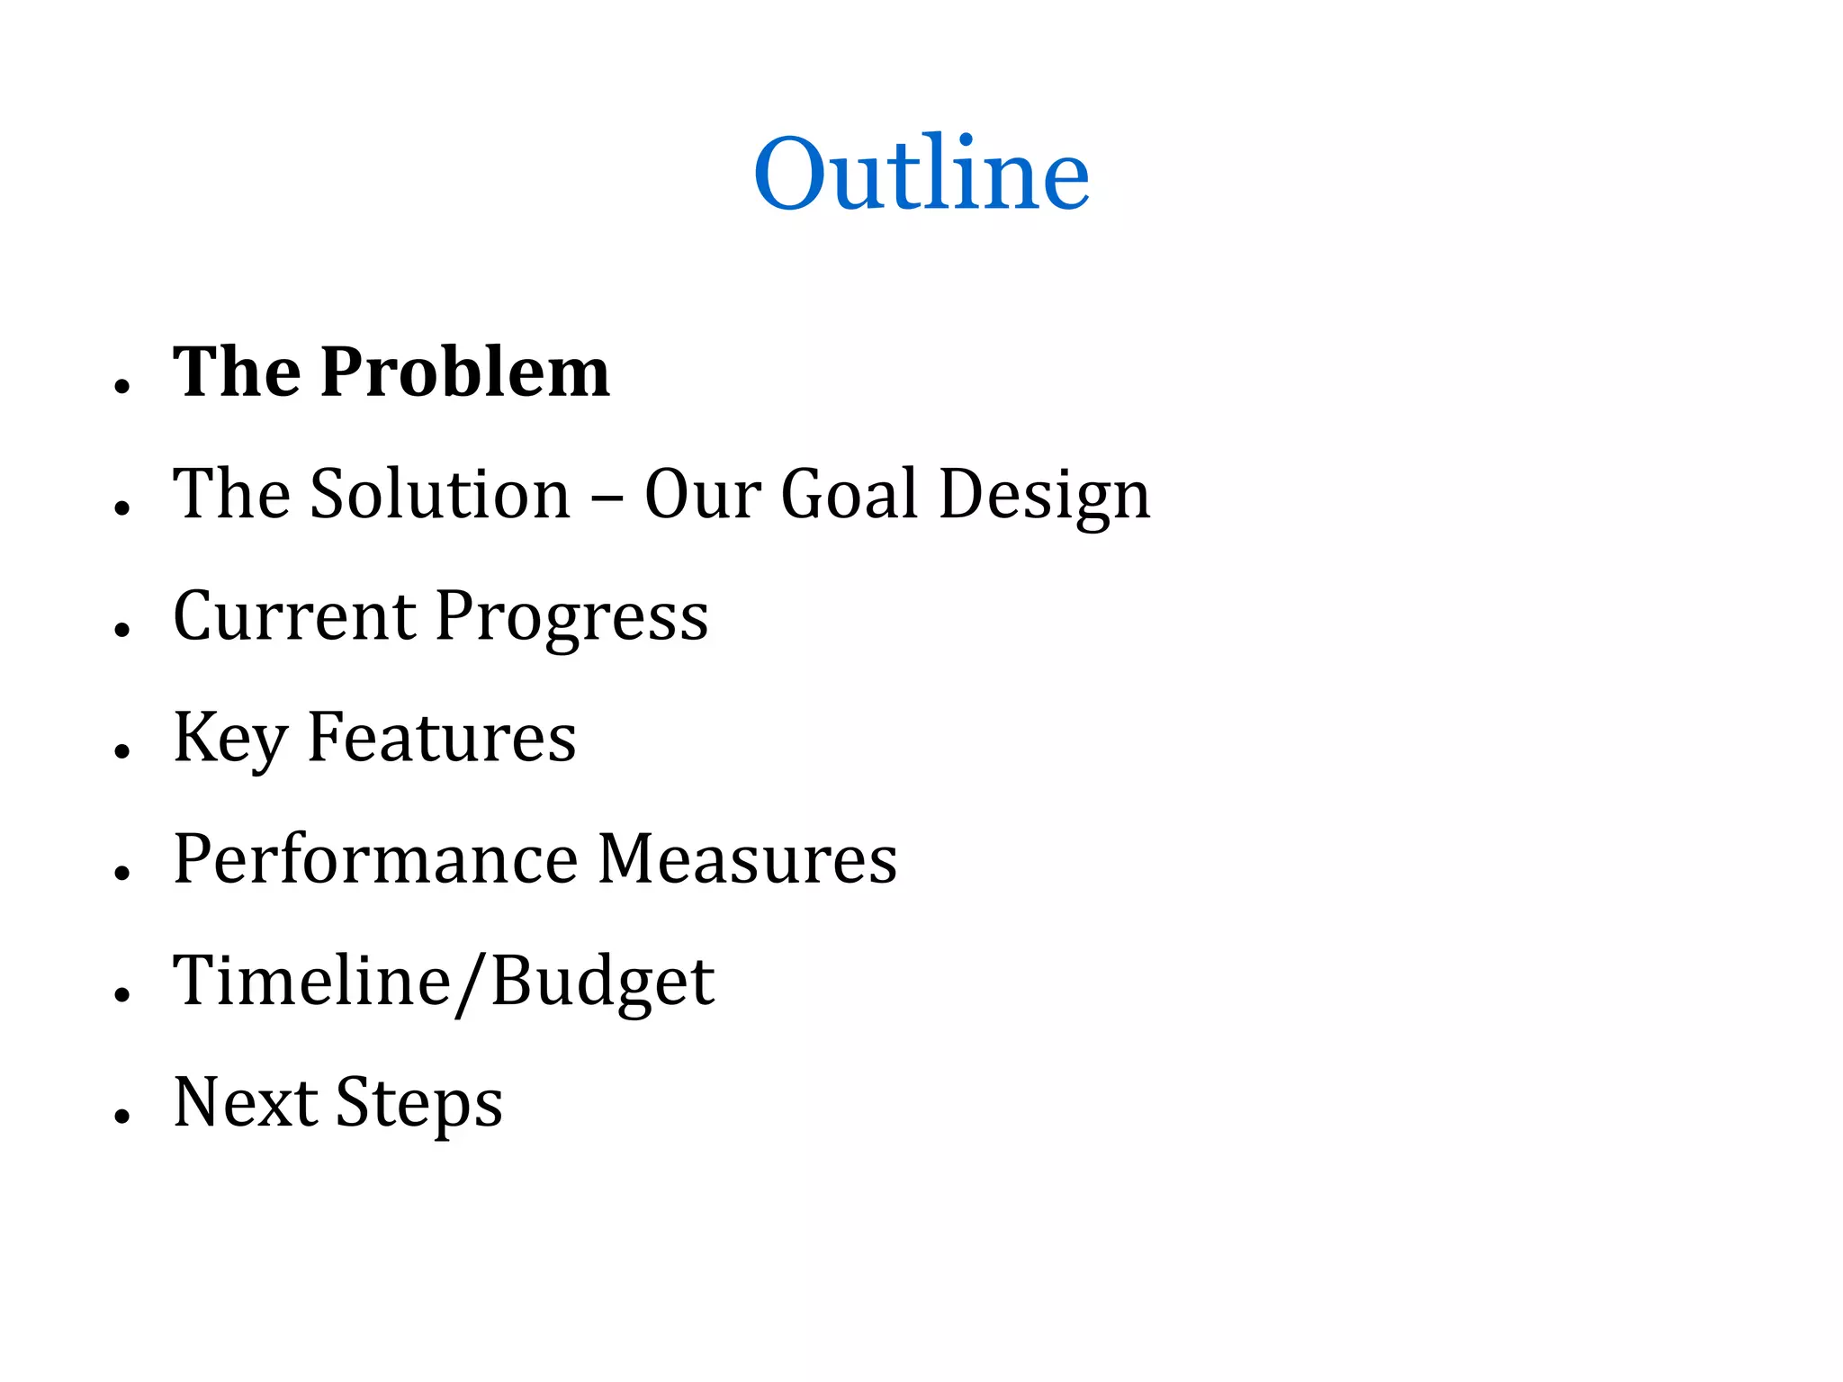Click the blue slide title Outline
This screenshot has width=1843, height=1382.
(921, 173)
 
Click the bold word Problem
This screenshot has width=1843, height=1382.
(465, 372)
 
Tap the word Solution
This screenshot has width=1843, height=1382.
(440, 494)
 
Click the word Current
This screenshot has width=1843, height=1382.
(293, 616)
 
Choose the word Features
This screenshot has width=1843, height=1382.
(442, 738)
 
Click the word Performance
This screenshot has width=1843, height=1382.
(375, 859)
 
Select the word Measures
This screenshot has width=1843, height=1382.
(747, 859)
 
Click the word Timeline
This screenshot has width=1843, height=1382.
(311, 980)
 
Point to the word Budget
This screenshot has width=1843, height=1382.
(603, 982)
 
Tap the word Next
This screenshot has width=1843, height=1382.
(246, 1102)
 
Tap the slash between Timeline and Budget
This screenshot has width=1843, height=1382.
(471, 983)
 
